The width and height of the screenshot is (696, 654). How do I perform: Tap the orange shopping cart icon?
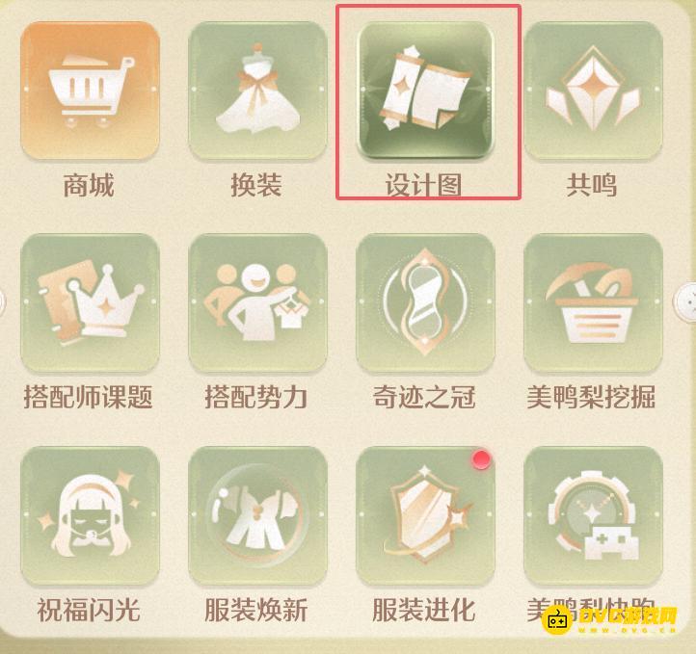pos(90,90)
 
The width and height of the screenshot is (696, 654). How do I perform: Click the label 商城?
pos(89,184)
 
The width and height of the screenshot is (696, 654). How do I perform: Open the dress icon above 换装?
pos(256,90)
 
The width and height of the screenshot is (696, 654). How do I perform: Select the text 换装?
pos(256,184)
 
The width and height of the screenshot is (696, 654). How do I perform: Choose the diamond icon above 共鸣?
pos(593,90)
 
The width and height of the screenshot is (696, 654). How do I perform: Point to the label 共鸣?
pos(592,184)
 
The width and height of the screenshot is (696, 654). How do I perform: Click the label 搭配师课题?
pos(89,397)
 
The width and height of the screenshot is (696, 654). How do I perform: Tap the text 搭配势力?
pos(256,397)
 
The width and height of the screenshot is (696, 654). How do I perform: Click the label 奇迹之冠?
pos(424,397)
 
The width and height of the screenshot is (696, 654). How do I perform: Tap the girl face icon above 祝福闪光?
pos(90,515)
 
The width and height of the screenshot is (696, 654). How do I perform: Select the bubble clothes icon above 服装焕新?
pos(256,515)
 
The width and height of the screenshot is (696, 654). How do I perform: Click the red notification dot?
pos(481,459)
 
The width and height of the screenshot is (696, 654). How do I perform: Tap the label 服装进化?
pos(424,610)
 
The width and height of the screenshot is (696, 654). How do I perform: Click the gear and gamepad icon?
pos(593,515)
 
